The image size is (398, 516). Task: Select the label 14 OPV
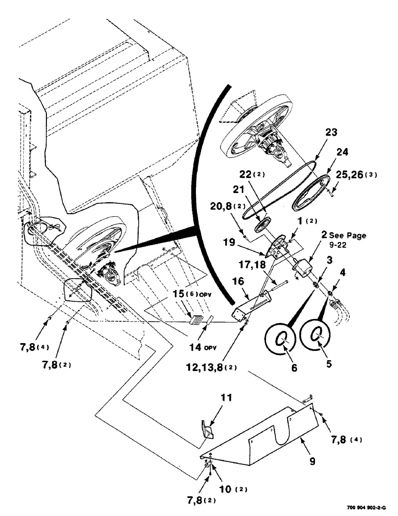[199, 348]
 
